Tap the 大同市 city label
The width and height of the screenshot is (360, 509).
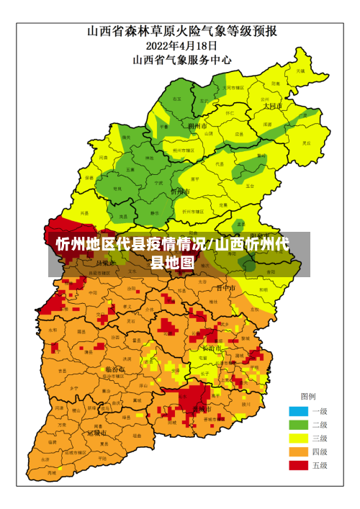(272, 105)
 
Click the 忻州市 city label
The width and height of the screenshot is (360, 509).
(180, 192)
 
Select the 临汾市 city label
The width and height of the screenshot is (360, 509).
(114, 369)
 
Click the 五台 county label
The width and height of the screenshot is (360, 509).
(250, 185)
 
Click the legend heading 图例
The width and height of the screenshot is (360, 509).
(307, 396)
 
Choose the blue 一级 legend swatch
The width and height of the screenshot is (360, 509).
(298, 411)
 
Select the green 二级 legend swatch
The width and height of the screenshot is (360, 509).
(298, 425)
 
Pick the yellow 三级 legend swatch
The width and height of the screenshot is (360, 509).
(298, 438)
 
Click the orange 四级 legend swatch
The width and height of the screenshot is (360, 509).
(298, 452)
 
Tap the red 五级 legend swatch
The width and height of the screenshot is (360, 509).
(298, 466)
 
